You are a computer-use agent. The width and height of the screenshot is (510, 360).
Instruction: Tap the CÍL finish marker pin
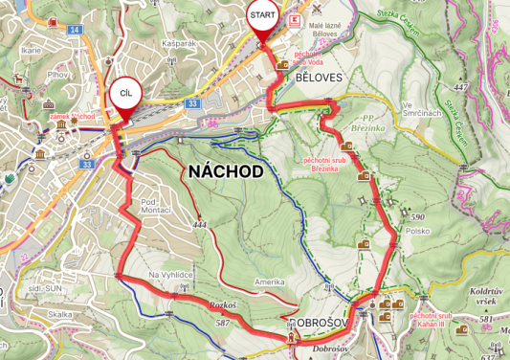(x=123, y=96)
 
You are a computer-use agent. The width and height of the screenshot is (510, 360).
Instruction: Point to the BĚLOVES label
(x=319, y=76)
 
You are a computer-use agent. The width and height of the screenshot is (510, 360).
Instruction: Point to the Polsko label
(x=418, y=232)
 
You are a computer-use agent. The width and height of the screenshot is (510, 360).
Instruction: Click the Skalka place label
(x=60, y=314)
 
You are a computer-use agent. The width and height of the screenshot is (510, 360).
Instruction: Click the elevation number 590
(x=417, y=217)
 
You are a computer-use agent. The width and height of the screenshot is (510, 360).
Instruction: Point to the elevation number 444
(x=199, y=225)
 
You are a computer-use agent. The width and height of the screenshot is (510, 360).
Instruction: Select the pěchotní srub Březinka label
(x=321, y=164)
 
